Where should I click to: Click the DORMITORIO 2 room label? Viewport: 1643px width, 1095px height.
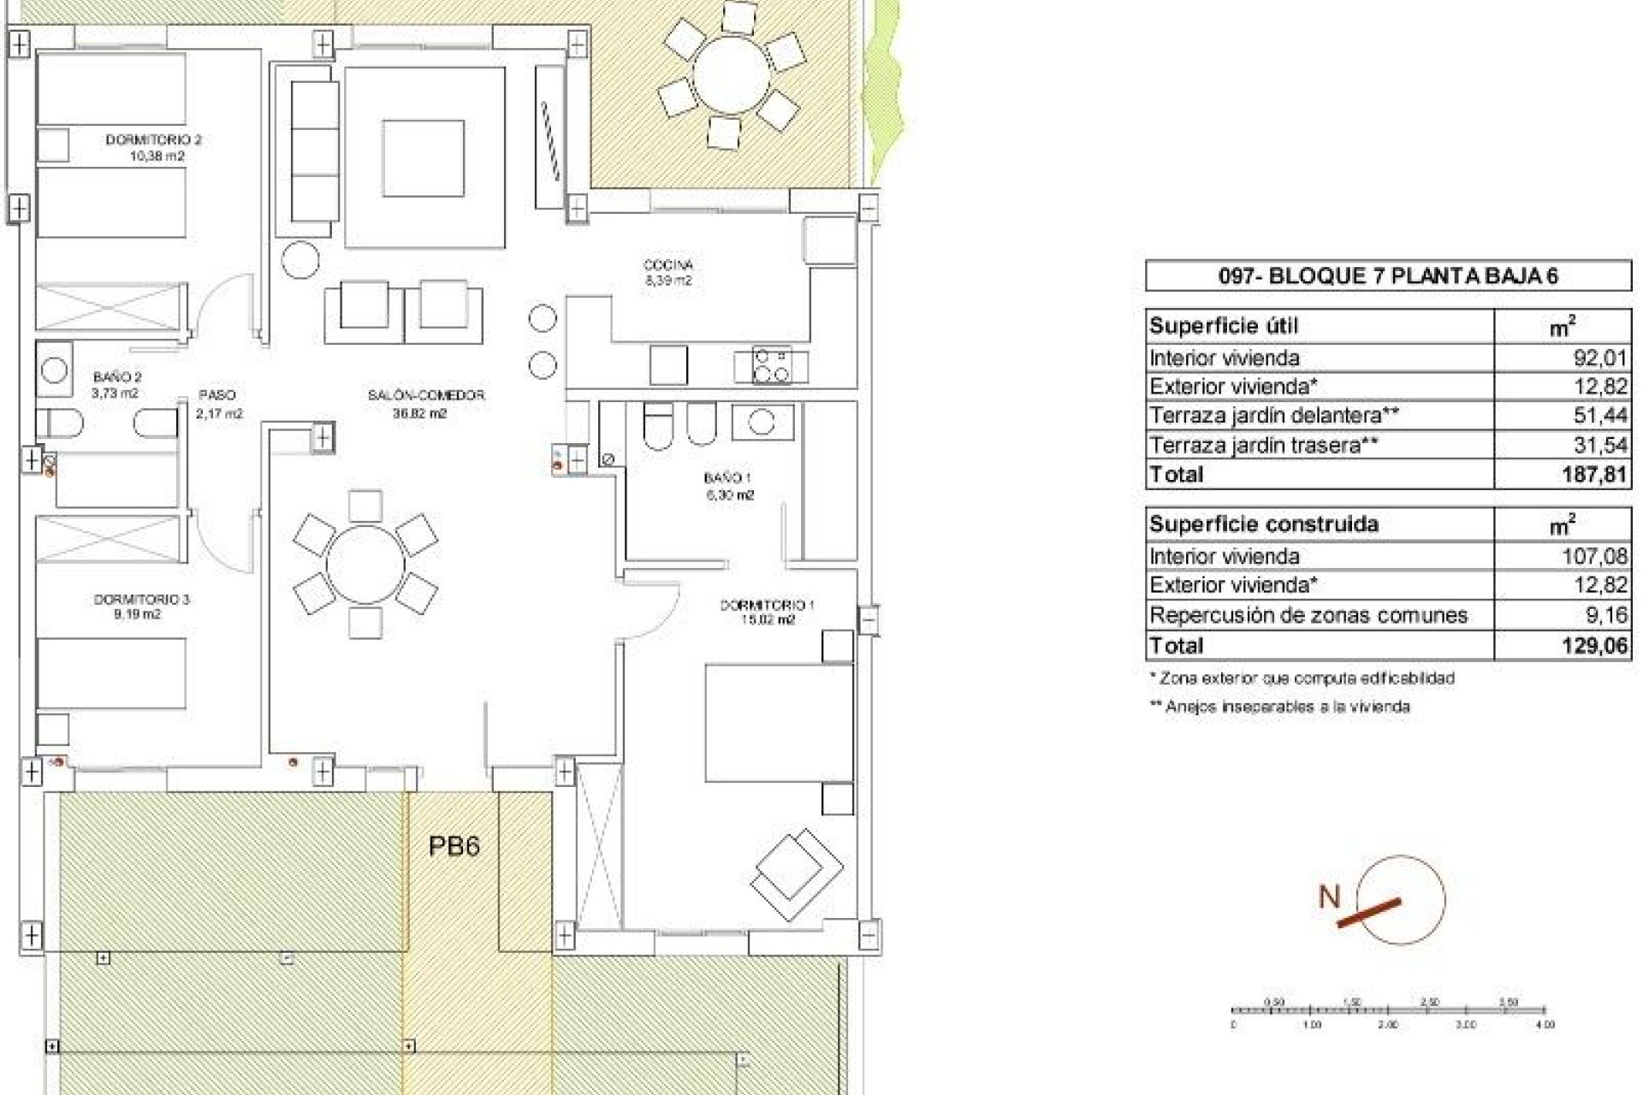154,139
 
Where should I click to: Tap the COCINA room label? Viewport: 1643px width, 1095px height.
667,266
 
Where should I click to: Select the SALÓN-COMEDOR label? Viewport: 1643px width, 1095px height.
426,395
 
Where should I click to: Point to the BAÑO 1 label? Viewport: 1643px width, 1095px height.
727,478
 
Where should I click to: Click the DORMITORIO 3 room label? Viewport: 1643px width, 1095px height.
141,600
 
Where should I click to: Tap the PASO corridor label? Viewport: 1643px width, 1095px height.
217,395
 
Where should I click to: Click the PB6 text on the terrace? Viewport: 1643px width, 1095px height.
454,846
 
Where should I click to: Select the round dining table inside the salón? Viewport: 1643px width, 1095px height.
365,565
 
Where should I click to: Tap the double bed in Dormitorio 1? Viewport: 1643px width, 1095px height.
778,723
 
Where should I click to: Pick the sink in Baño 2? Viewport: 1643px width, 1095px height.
54,370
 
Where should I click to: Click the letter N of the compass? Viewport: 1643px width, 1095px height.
1329,897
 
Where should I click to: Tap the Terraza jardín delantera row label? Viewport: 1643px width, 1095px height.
1273,416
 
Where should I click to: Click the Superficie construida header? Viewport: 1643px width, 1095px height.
1263,524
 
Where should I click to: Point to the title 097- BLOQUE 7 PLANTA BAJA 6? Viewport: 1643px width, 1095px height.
1388,275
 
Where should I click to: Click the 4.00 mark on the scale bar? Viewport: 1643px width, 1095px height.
1545,1024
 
